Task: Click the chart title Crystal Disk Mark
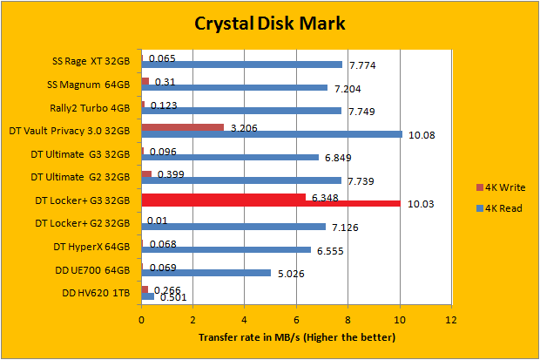(269, 24)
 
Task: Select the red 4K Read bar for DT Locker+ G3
(271, 204)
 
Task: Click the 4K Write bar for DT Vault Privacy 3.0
(183, 127)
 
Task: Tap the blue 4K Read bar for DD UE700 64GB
(206, 273)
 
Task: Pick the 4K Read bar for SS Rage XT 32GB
(242, 65)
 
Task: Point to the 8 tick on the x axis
(348, 320)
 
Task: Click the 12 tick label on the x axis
(450, 320)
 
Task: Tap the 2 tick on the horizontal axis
(192, 320)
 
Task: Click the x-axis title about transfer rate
(296, 336)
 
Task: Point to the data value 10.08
(422, 134)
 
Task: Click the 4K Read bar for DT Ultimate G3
(229, 157)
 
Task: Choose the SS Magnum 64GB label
(91, 85)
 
